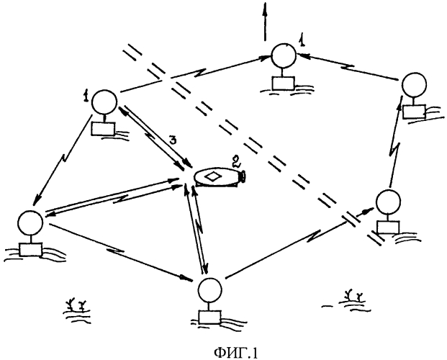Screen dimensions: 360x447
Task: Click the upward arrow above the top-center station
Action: click(x=265, y=20)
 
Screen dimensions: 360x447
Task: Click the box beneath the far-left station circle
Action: click(x=32, y=248)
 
